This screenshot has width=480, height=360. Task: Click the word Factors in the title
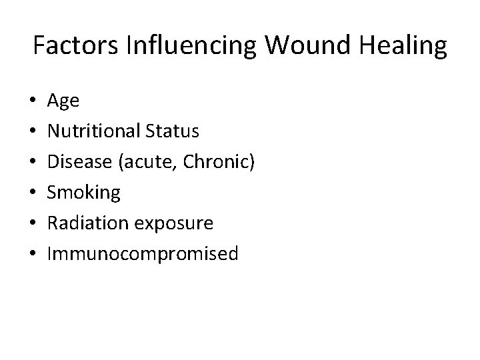coord(70,47)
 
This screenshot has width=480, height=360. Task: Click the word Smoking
coord(84,193)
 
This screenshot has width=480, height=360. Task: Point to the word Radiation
coord(89,223)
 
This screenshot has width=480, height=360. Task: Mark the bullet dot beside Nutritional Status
coord(33,132)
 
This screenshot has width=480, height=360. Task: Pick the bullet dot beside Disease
coord(33,163)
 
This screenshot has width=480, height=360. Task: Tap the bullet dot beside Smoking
coord(33,193)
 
